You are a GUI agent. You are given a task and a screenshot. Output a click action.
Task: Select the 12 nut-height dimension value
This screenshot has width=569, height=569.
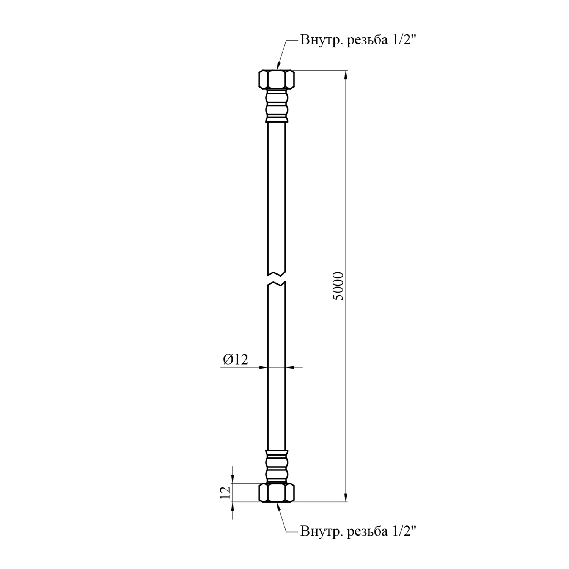point(225,492)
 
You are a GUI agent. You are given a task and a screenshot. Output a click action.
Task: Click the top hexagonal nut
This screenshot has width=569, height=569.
point(277,79)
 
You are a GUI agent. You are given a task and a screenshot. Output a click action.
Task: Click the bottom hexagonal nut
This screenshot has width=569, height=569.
point(277,493)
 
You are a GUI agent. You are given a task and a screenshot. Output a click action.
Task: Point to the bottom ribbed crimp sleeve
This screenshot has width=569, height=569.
point(277,467)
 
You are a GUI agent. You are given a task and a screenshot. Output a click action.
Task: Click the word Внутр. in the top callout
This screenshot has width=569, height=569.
point(322,40)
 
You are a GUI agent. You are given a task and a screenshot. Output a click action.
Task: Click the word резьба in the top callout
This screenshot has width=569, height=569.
point(366,40)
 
